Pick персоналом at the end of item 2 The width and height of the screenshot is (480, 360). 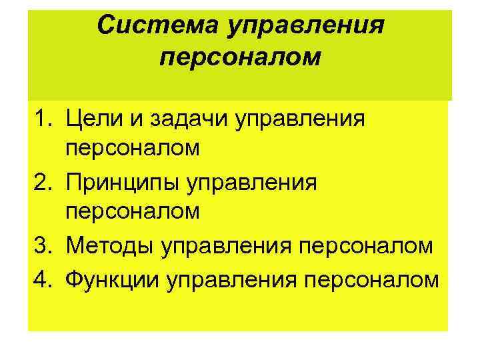132,211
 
